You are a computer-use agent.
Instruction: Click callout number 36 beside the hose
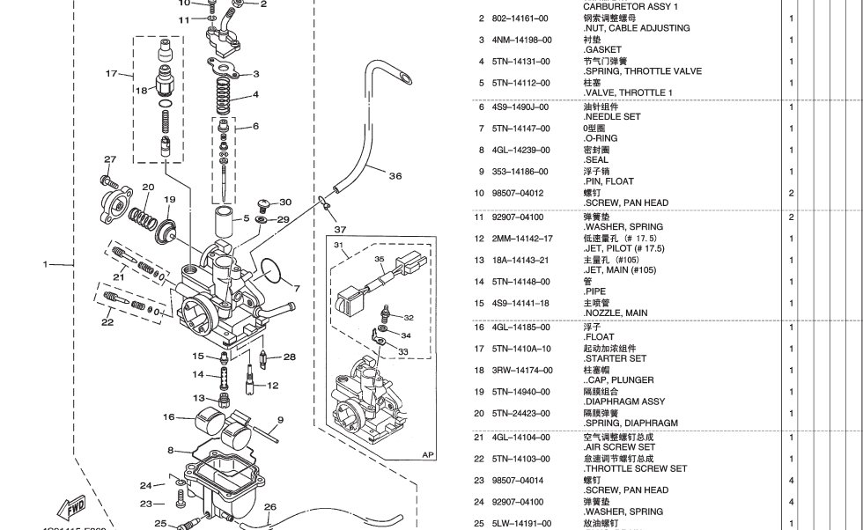coord(395,176)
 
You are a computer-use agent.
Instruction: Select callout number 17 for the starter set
coord(111,73)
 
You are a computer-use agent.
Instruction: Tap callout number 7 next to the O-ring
coord(297,288)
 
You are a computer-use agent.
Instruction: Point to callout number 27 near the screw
coord(110,159)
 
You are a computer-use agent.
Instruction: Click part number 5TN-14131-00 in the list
coord(521,62)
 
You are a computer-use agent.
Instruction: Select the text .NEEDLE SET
coord(612,116)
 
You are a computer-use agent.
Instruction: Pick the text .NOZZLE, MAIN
coord(616,313)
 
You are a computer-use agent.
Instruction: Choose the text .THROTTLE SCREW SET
coord(634,468)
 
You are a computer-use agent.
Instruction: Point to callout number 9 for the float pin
coord(280,420)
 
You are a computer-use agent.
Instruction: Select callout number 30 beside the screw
coord(284,202)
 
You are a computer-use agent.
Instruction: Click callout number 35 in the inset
coord(380,260)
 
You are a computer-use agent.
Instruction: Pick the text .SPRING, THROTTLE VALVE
coord(643,71)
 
